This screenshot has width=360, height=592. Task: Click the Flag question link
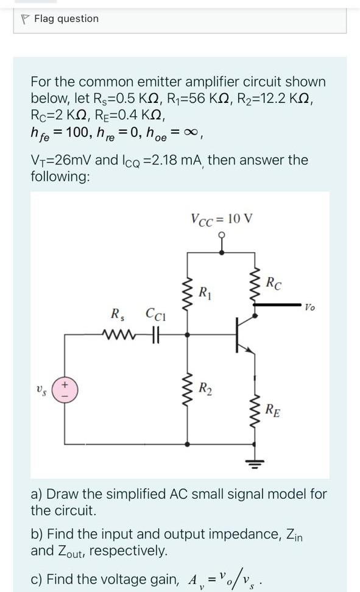[x=66, y=19]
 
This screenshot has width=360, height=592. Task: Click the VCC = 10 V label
[x=221, y=219]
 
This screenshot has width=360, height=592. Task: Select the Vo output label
[x=311, y=308]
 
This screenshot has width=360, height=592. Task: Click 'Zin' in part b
[x=294, y=535]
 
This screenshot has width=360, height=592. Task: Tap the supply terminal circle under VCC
[x=221, y=235]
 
